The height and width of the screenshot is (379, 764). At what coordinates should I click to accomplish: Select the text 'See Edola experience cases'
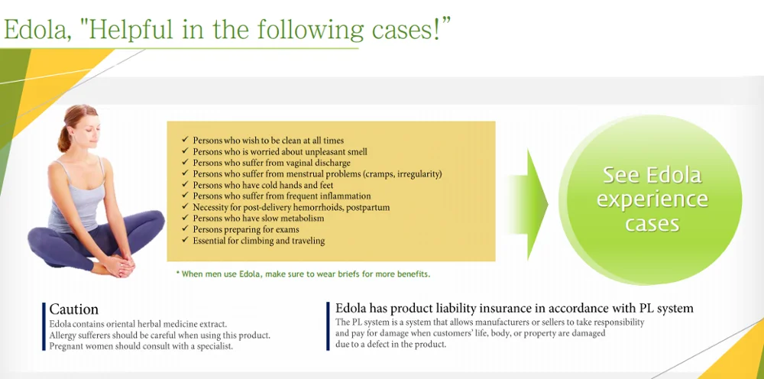coord(652,199)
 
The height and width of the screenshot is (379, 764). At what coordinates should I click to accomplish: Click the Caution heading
coord(73,309)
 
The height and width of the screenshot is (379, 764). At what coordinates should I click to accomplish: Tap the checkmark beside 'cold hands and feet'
coord(184,184)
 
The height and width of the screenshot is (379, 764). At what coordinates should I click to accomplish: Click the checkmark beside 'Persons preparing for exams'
coord(184,228)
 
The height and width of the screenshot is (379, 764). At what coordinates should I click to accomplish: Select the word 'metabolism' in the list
coord(303,219)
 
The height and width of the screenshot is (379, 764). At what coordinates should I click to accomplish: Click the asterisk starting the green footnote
coord(178,273)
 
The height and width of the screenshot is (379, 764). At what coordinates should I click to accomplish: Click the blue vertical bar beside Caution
coord(44,326)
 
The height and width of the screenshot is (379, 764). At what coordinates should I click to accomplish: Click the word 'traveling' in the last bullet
coord(306,241)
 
